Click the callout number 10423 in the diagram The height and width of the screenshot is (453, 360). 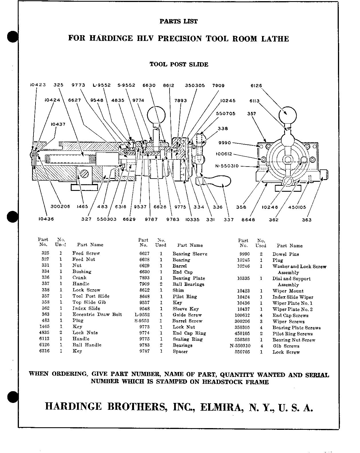coord(38,85)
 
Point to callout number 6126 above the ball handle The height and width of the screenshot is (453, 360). coord(256,86)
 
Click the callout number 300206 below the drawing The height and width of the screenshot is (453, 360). coord(60,207)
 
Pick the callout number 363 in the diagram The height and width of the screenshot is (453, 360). coord(307,220)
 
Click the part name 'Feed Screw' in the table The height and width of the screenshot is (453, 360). coord(86,253)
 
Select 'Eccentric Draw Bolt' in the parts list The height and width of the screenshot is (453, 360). coord(97,314)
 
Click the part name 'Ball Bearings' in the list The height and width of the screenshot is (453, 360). coord(188,284)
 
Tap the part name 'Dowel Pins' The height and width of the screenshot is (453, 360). coord(286,254)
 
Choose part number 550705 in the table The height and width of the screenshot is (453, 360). coord(242,352)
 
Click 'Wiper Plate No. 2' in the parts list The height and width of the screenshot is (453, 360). coord(292,309)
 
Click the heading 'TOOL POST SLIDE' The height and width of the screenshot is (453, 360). coord(179,64)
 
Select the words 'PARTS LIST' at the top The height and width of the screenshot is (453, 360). coord(178,21)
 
